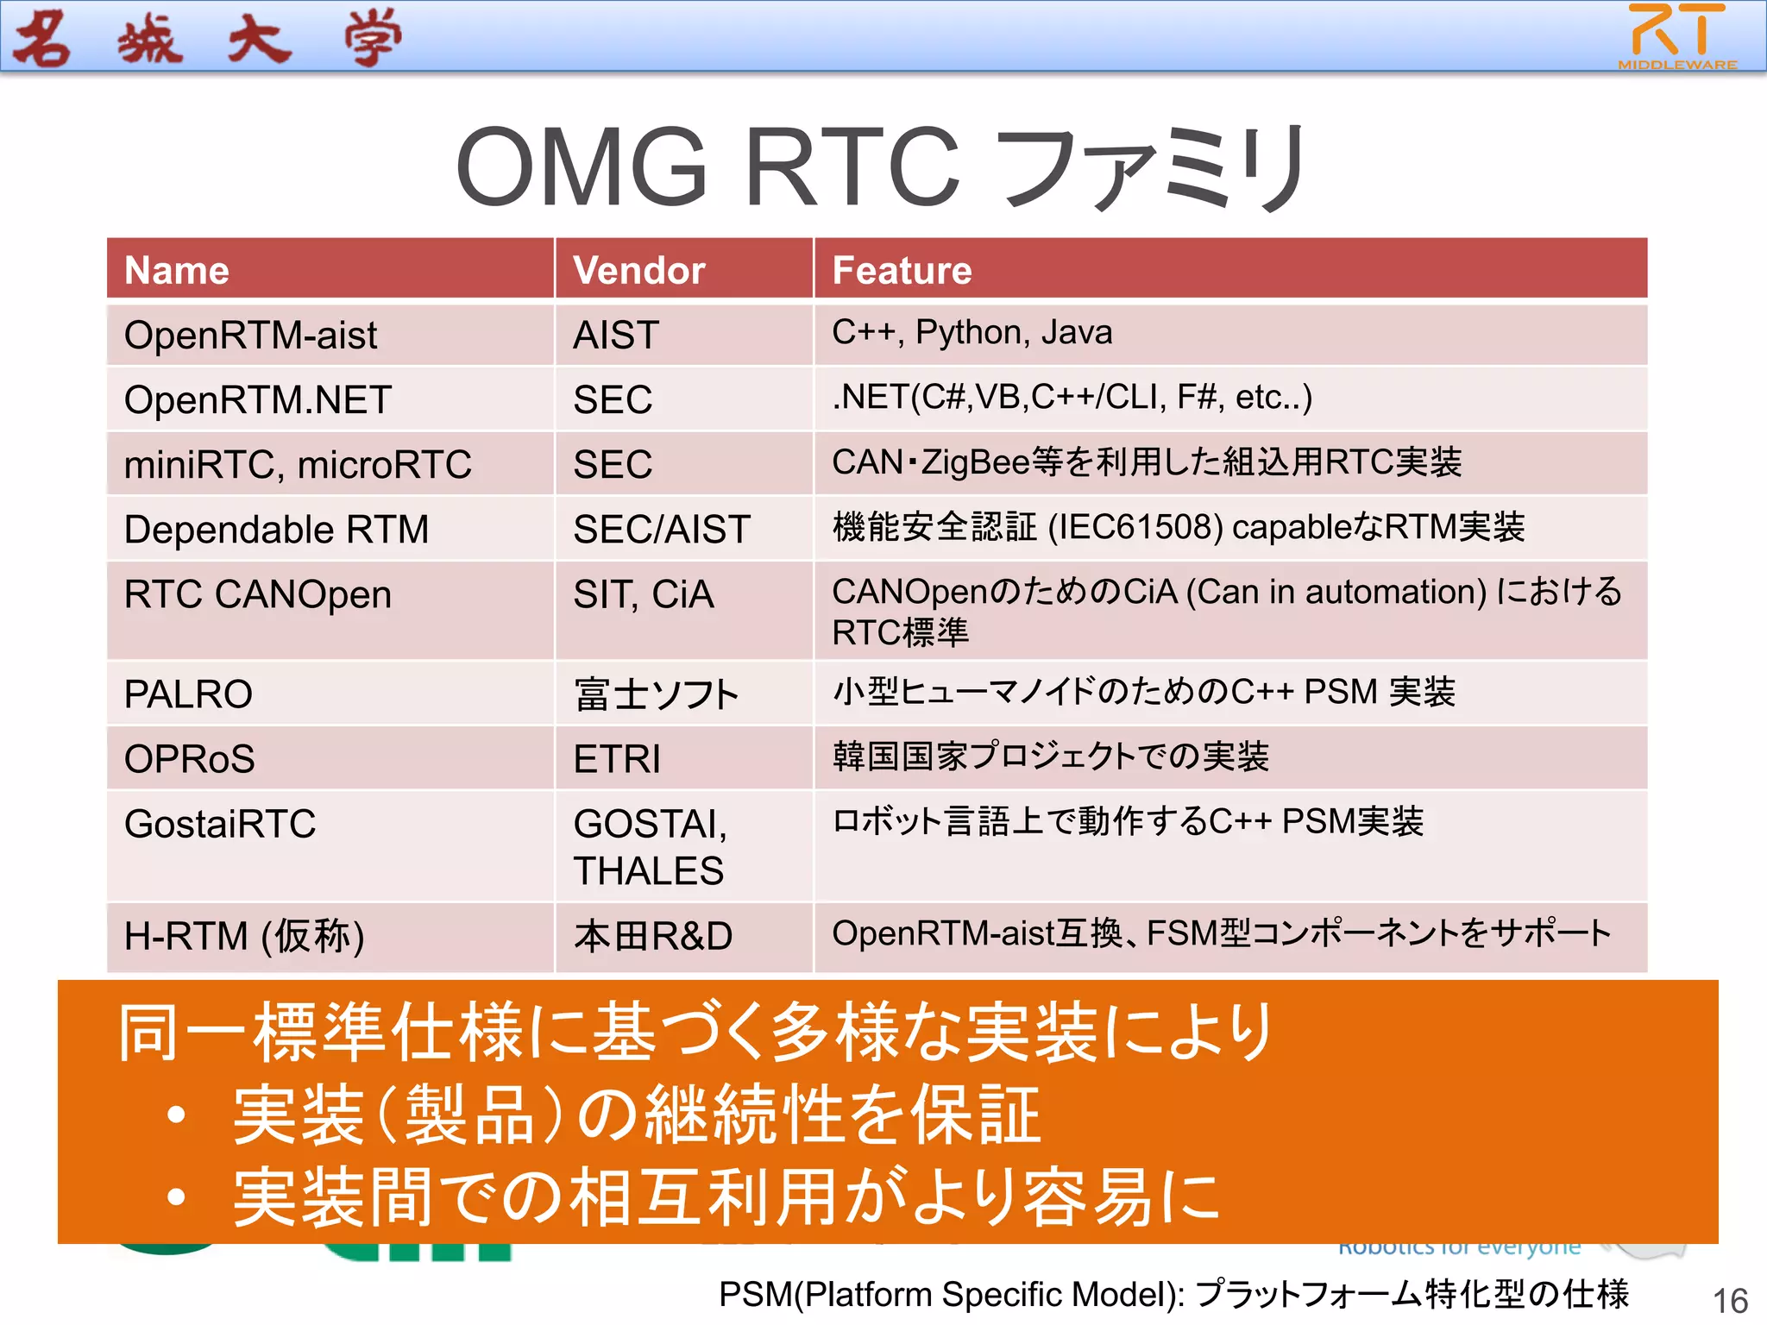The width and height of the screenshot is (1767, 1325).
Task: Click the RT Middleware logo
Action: (x=1676, y=36)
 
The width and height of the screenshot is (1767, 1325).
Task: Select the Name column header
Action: (x=177, y=270)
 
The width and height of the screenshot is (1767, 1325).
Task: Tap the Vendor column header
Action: (x=639, y=270)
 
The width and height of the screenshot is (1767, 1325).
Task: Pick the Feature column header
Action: (x=902, y=270)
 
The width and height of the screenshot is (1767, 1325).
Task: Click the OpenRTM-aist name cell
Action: (x=251, y=335)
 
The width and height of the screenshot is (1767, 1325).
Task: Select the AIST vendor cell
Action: (x=616, y=335)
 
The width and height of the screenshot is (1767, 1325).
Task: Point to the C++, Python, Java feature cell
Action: (x=972, y=332)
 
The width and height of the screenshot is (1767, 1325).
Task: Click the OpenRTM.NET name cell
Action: (x=258, y=399)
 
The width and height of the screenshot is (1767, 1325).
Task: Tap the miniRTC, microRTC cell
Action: (x=298, y=464)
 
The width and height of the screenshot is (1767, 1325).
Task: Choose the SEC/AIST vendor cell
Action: (x=662, y=529)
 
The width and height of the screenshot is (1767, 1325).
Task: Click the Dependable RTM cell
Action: (x=276, y=529)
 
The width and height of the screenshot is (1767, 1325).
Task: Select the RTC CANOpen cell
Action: (x=258, y=594)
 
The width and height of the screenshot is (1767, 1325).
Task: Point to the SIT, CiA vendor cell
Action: (x=644, y=594)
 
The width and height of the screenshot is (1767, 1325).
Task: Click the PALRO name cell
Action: (x=188, y=694)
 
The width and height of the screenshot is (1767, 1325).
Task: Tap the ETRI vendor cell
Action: (x=617, y=759)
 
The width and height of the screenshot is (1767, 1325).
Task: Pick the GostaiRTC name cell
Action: (x=220, y=824)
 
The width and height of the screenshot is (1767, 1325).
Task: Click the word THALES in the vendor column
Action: (x=648, y=871)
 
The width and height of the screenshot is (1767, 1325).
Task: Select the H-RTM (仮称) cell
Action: (x=244, y=936)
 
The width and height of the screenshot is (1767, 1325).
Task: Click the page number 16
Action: (x=1730, y=1301)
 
